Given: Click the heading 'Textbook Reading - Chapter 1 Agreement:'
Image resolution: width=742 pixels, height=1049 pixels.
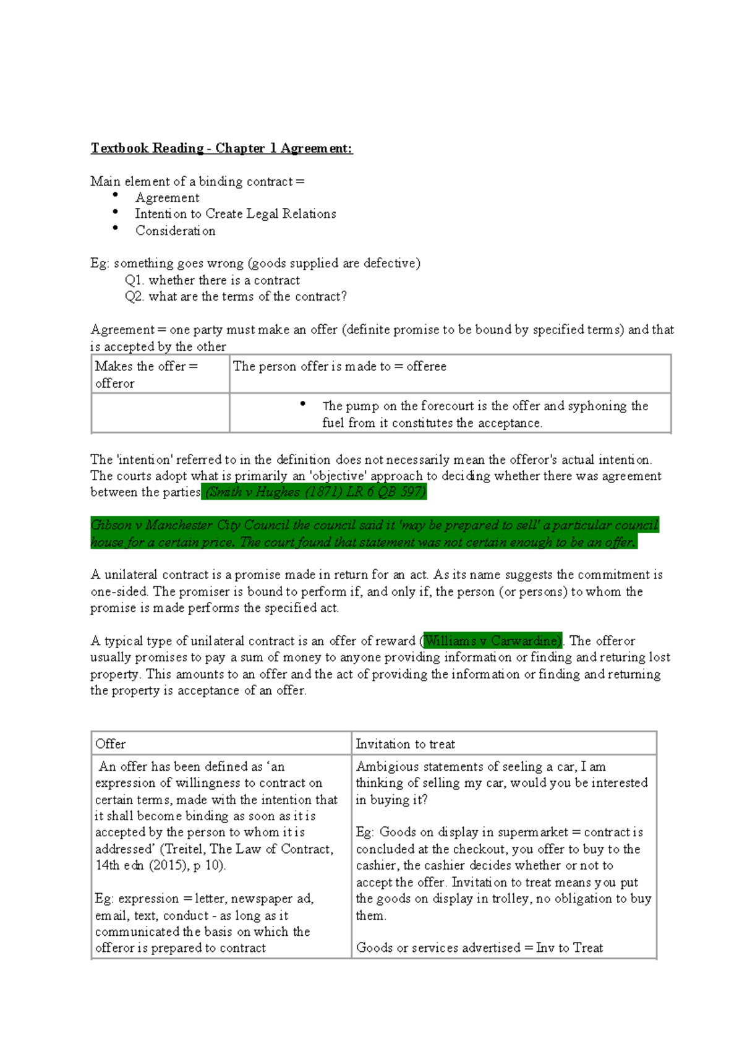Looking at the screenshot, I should click(x=221, y=148).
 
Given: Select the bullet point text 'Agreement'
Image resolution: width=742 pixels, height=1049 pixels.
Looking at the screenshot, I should click(x=167, y=198).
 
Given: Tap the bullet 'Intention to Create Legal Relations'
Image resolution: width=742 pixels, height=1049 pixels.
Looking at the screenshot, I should click(x=236, y=214).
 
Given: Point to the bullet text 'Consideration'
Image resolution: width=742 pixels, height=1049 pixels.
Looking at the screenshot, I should click(x=176, y=231).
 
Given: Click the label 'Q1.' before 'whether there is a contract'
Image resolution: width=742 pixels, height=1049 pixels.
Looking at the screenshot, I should click(x=134, y=280).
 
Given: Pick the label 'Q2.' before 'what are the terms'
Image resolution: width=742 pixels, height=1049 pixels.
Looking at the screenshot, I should click(x=134, y=296).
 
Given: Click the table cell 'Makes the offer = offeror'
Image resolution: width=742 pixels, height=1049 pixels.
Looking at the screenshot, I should click(x=147, y=374).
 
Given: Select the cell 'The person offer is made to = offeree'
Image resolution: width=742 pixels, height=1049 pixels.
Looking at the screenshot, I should click(x=339, y=366).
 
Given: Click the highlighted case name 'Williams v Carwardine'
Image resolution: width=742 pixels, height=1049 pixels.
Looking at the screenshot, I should click(x=492, y=641).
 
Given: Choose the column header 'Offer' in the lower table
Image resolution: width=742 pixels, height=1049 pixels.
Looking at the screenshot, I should click(x=111, y=743).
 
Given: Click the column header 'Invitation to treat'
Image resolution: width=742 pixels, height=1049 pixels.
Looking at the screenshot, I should click(x=405, y=744).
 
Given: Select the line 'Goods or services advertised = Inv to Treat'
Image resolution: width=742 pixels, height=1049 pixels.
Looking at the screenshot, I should click(x=479, y=948).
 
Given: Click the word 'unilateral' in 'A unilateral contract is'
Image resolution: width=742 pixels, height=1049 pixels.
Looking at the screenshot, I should click(x=131, y=575).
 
